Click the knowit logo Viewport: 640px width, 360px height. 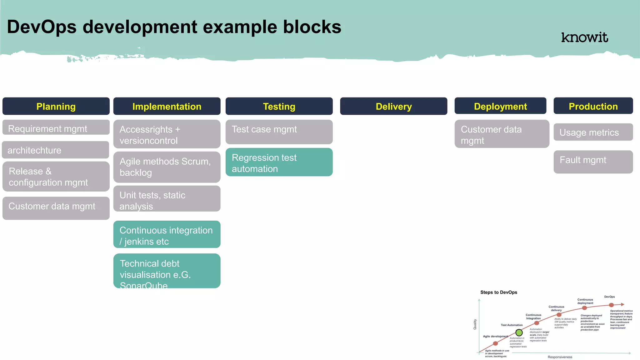584,37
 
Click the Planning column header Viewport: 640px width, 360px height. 56,106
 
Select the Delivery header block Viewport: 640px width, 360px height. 393,106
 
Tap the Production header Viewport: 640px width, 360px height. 593,106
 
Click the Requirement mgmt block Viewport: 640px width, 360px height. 56,128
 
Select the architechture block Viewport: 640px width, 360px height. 55,150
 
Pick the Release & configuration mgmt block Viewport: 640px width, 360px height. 56,177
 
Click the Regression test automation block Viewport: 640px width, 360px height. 279,162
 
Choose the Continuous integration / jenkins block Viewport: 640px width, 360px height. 167,235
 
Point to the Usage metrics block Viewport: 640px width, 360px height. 593,132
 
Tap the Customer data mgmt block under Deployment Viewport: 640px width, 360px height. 502,134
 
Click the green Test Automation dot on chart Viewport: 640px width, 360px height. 519,332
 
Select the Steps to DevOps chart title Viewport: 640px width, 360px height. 498,292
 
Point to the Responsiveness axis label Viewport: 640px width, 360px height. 560,357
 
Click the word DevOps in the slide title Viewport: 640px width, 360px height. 42,27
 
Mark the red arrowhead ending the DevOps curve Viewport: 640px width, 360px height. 622,304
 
